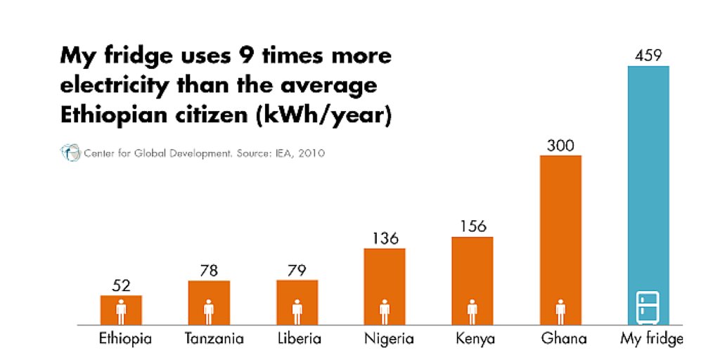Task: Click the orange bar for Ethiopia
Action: (121, 310)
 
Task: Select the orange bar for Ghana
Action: (560, 239)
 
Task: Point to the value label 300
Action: (560, 146)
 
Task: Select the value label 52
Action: (121, 285)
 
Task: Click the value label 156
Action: (472, 226)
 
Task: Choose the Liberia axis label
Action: (299, 339)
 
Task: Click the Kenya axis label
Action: (475, 339)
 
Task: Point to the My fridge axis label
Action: (652, 339)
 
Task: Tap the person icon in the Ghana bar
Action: (560, 310)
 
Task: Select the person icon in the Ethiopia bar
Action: (121, 310)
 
